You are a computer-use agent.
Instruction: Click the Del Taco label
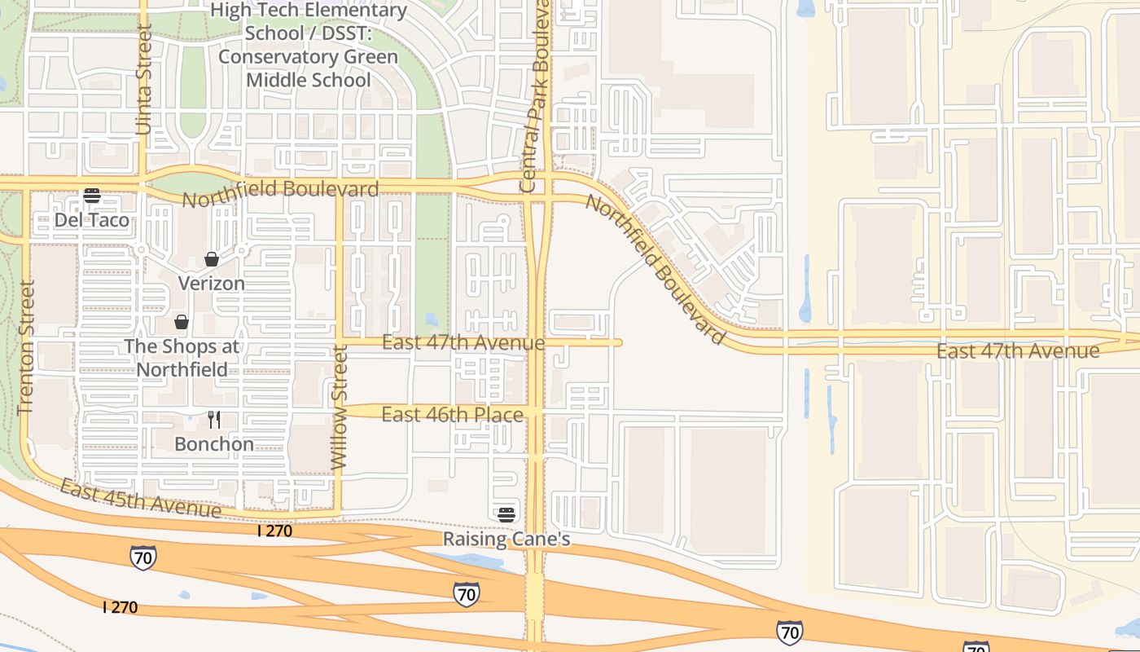tap(91, 220)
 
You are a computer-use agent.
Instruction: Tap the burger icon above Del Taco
tap(92, 196)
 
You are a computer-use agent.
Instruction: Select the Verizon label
tap(211, 284)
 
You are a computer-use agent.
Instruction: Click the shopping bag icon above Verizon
tap(212, 259)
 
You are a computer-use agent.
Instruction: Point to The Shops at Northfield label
tap(182, 358)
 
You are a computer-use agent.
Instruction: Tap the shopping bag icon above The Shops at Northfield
tap(182, 322)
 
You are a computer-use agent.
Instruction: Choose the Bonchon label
tap(214, 444)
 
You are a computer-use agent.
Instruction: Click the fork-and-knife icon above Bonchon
tap(214, 420)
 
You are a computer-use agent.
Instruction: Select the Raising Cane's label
tap(506, 540)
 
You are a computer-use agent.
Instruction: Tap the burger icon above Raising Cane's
tap(506, 514)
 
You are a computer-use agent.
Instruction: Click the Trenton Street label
tap(26, 348)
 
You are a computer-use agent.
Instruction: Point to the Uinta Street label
tap(144, 79)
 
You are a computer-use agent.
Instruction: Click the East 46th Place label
tap(452, 415)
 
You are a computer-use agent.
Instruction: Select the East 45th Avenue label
tap(140, 499)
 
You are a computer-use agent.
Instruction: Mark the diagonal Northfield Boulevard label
tap(655, 270)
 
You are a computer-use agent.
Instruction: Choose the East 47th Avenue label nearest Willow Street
tap(463, 343)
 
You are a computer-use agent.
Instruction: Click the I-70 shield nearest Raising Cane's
tap(467, 594)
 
